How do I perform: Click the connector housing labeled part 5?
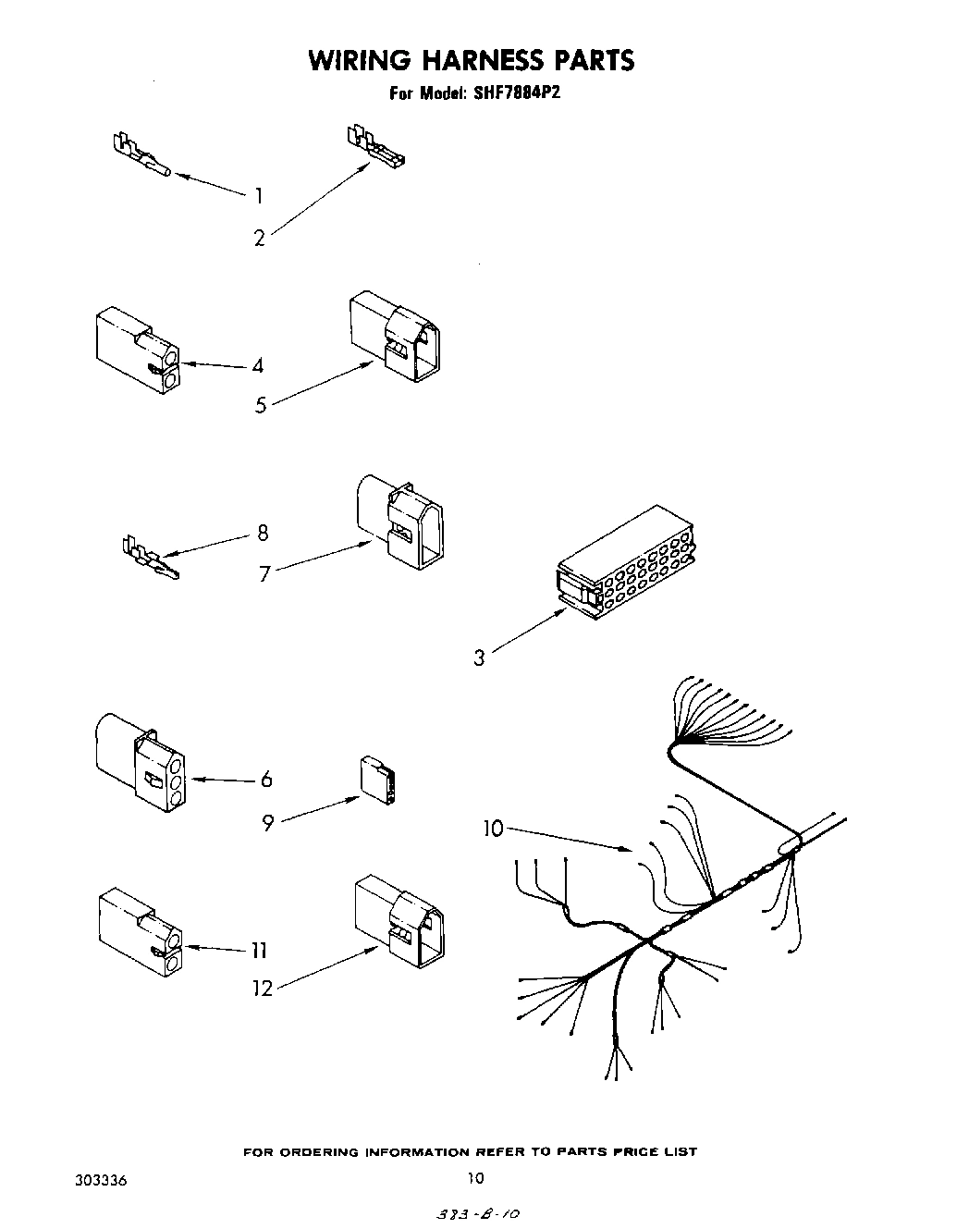[395, 338]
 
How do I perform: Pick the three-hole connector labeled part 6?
[139, 763]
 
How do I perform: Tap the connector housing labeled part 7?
[399, 521]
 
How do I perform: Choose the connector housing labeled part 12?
[397, 920]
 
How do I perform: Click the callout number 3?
[479, 658]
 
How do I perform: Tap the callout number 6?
[266, 780]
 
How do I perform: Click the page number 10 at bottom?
[475, 1177]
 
